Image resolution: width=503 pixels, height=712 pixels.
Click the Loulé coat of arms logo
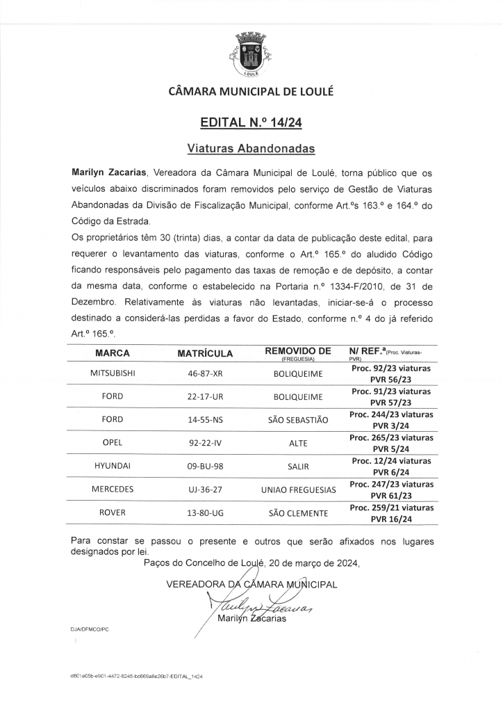tap(251, 53)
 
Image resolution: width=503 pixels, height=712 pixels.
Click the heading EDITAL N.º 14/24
tap(251, 123)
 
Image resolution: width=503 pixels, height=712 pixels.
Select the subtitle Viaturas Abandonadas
tap(251, 148)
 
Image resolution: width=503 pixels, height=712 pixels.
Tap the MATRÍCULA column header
tap(205, 353)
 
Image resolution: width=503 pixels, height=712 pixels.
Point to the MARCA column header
tap(113, 353)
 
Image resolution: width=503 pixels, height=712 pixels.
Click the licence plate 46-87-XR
tap(205, 373)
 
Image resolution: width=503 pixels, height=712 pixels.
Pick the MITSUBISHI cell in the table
tap(113, 373)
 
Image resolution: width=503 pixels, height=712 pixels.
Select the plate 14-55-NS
tap(205, 419)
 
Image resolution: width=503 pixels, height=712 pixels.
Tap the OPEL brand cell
tap(113, 443)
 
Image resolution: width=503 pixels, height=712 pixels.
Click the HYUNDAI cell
tap(113, 466)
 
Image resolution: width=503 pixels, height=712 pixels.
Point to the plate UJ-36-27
tap(205, 489)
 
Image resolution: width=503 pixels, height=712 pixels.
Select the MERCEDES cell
tap(113, 489)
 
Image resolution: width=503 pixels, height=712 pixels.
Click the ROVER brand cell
tap(113, 512)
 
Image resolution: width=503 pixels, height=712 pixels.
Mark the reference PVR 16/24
tap(391, 518)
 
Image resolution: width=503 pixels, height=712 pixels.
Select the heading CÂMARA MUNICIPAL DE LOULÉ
tap(251, 91)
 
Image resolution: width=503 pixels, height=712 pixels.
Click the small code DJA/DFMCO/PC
tap(90, 628)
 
